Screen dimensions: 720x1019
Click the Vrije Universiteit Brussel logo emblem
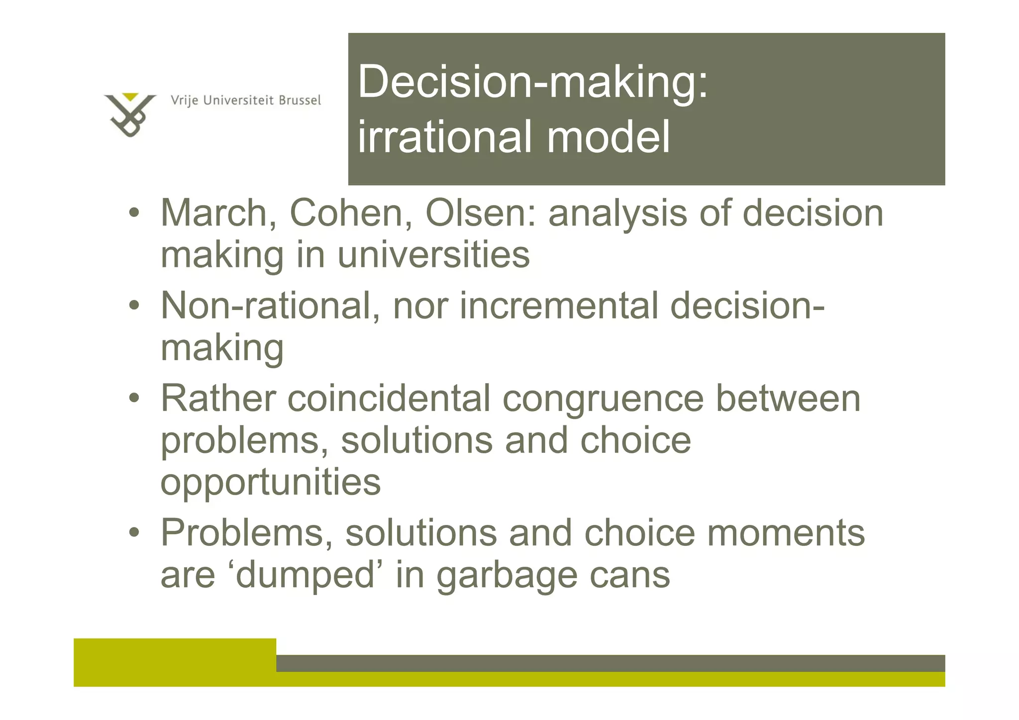tap(130, 116)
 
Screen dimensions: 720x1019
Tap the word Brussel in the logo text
tap(300, 101)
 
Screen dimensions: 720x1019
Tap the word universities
tap(433, 255)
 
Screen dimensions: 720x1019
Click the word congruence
tap(603, 399)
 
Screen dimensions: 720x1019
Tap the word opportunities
tap(270, 483)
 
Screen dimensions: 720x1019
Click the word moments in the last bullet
tap(786, 533)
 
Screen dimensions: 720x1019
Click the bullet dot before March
tap(134, 213)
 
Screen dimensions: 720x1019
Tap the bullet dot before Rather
tap(134, 399)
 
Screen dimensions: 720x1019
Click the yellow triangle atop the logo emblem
tap(130, 97)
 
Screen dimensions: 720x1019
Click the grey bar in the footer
tap(610, 663)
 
